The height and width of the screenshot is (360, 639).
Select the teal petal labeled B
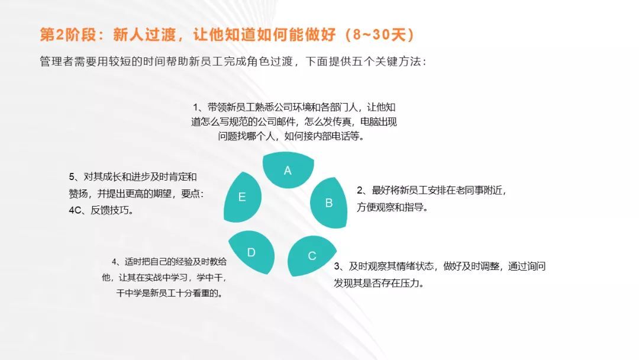coord(329,203)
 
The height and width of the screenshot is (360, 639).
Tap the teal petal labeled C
coord(311,255)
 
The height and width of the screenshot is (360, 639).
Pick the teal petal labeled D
coord(252,252)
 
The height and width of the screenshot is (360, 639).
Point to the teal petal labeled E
coord(242,197)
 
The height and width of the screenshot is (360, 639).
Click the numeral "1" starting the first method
coord(196,108)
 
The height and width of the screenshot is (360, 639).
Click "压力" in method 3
coord(410,283)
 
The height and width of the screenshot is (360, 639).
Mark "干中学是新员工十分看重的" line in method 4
coord(170,293)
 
